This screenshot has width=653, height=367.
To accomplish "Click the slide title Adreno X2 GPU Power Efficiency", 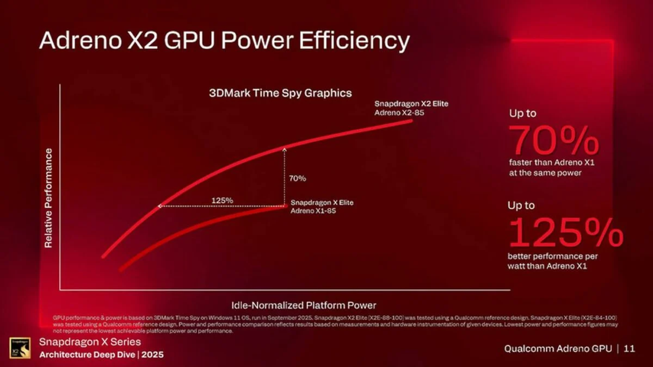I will (224, 41).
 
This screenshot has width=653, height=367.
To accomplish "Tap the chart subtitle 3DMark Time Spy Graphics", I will (280, 93).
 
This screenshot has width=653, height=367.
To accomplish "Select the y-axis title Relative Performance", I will (48, 198).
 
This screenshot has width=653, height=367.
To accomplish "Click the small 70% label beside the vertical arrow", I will (297, 178).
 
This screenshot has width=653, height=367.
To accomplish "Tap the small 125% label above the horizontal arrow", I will (222, 201).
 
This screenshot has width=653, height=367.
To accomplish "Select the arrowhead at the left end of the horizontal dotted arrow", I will (159, 206).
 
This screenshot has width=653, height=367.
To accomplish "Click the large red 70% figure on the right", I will (555, 140).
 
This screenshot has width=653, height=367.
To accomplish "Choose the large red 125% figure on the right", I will (565, 232).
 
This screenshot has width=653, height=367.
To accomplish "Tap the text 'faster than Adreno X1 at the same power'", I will (545, 168).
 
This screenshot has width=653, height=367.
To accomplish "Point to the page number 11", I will (630, 349).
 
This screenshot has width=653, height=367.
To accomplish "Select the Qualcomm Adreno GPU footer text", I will (558, 349).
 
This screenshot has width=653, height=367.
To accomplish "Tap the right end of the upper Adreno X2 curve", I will (411, 121).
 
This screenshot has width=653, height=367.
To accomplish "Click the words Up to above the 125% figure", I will (521, 206).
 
